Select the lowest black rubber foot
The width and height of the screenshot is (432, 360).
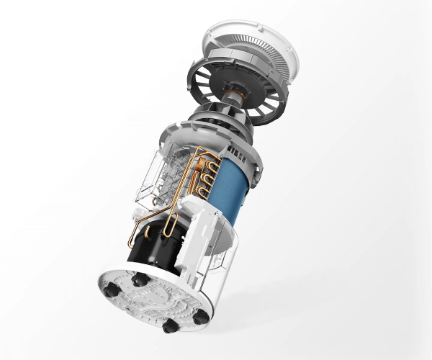coord(171,326)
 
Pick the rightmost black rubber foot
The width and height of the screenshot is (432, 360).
coord(202,315)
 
